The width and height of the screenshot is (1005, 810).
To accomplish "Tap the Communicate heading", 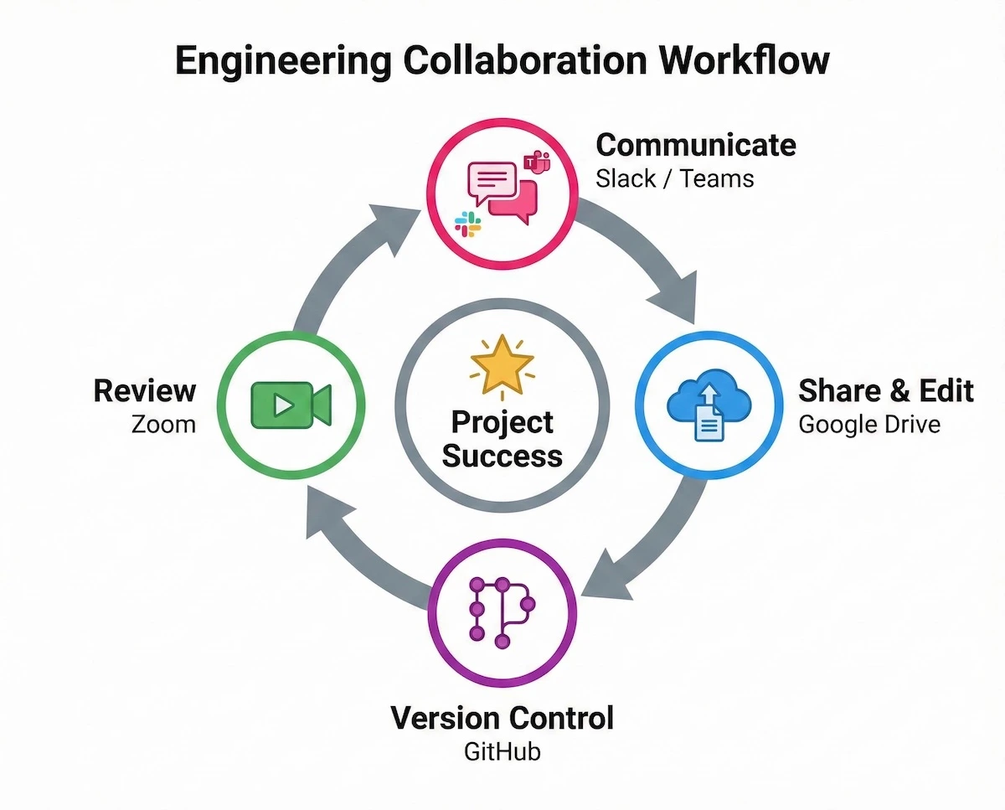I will [x=696, y=145].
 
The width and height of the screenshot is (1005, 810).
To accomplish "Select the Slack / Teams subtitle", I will [x=675, y=178].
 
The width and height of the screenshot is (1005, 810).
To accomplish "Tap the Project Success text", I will [x=502, y=439].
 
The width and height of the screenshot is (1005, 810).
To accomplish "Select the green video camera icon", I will [x=291, y=404].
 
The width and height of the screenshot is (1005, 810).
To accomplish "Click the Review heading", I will [x=145, y=390].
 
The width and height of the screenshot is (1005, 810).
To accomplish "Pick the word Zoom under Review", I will [x=163, y=424].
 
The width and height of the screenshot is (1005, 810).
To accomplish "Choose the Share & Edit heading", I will [x=886, y=390].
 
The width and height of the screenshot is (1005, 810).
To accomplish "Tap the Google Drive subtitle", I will [x=869, y=424].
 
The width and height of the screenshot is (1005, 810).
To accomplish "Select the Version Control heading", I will [x=502, y=718].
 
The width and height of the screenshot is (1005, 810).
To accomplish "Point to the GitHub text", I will [x=502, y=751].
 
